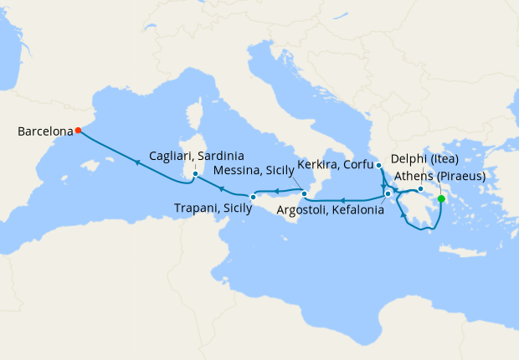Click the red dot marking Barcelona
tap(78, 130)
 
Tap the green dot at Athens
tap(441, 198)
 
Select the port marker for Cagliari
tap(195, 174)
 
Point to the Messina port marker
tap(305, 194)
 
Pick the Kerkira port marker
tap(379, 166)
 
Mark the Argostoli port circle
tap(388, 194)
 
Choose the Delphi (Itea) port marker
tap(420, 177)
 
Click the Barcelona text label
tap(44, 131)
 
